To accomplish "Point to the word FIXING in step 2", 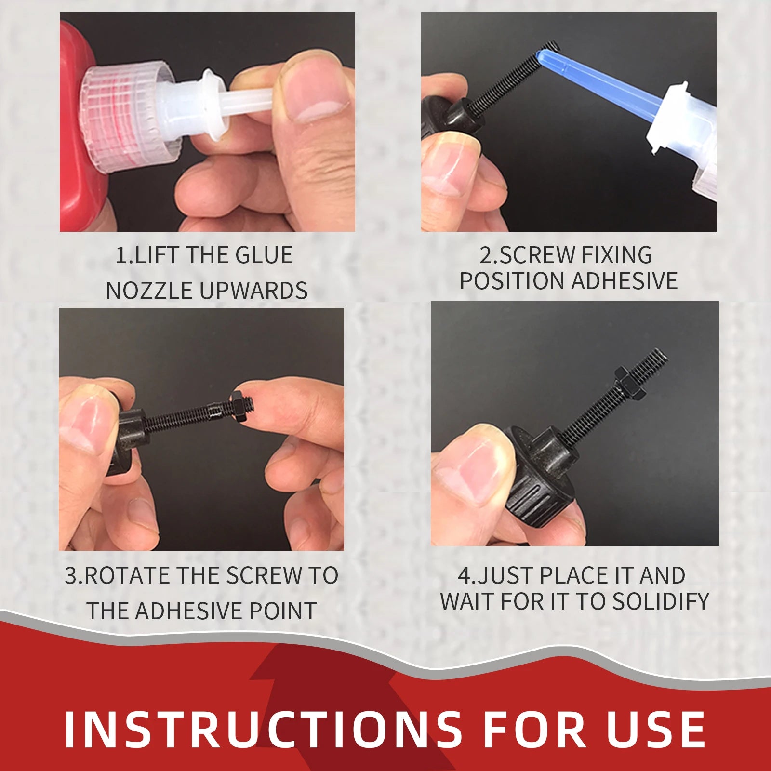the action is (x=616, y=255).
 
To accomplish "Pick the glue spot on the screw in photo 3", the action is (x=214, y=410).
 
